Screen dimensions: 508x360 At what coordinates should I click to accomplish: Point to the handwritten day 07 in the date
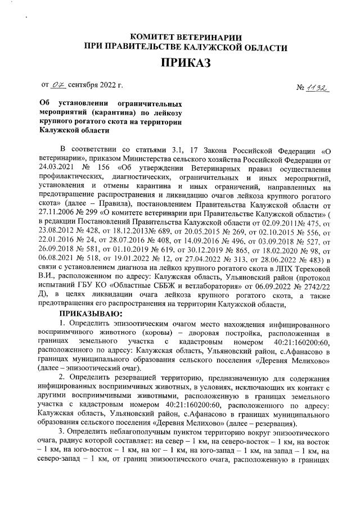pyautogui.click(x=58, y=85)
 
